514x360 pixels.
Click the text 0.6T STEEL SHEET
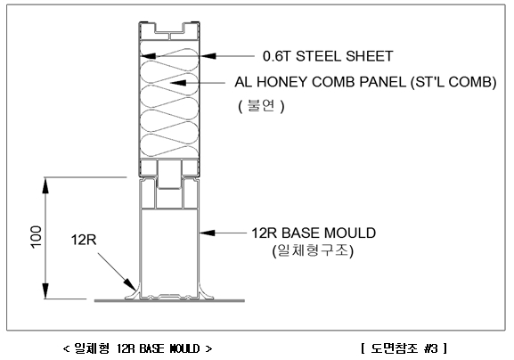pyautogui.click(x=328, y=56)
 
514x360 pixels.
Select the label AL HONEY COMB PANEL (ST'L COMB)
pyautogui.click(x=365, y=82)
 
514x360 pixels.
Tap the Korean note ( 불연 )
pyautogui.click(x=261, y=106)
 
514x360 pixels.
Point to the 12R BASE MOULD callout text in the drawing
pyautogui.click(x=314, y=233)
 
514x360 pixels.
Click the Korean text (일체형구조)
pyautogui.click(x=313, y=250)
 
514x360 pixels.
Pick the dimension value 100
pyautogui.click(x=36, y=237)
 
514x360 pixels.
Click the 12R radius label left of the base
pyautogui.click(x=84, y=240)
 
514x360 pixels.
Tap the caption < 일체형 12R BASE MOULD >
pyautogui.click(x=137, y=348)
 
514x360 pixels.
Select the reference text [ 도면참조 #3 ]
pyautogui.click(x=404, y=348)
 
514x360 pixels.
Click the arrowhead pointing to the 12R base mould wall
pyautogui.click(x=208, y=233)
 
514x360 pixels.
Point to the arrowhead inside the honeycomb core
pyautogui.click(x=178, y=83)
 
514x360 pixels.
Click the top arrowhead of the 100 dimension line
pyautogui.click(x=45, y=185)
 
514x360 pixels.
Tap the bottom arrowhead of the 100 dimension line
pyautogui.click(x=45, y=290)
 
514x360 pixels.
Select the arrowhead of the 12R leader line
pyautogui.click(x=130, y=284)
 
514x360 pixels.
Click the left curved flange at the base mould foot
pyautogui.click(x=133, y=293)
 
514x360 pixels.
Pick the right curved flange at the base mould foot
pyautogui.click(x=207, y=293)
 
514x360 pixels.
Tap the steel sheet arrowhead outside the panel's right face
pyautogui.click(x=208, y=56)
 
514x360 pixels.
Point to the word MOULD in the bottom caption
pyautogui.click(x=184, y=348)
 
